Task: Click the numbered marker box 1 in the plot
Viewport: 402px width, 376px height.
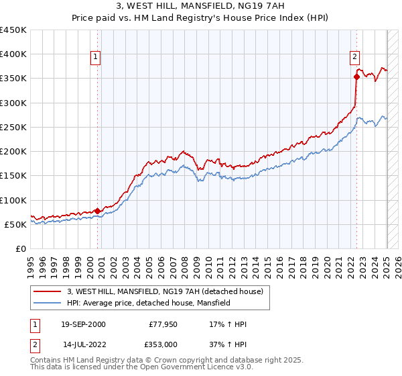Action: tap(96, 58)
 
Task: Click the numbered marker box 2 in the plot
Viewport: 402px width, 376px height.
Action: tap(354, 58)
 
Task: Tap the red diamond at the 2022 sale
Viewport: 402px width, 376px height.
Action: tap(356, 77)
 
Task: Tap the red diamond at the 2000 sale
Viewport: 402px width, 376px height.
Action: tap(97, 210)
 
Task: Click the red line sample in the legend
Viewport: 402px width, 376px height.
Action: tap(48, 291)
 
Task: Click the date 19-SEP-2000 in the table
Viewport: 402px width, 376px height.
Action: tap(83, 325)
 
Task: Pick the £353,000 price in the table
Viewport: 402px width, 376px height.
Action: tap(163, 344)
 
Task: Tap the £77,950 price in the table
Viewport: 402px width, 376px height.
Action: tap(163, 325)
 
